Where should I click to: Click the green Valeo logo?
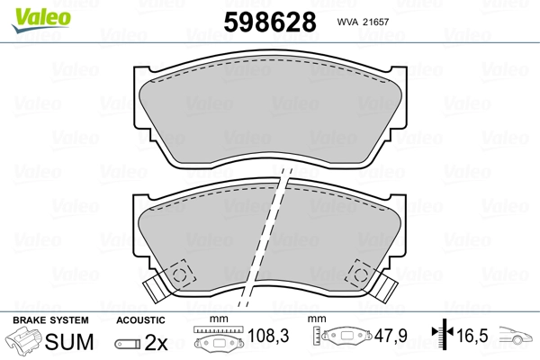(x=41, y=20)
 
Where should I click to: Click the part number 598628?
(x=270, y=22)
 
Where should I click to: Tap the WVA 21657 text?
(x=363, y=22)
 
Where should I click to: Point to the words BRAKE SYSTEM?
(x=50, y=320)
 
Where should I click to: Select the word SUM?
(x=69, y=342)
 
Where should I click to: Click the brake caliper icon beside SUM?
(x=23, y=341)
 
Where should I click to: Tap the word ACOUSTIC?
(x=140, y=320)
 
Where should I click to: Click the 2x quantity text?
(x=156, y=342)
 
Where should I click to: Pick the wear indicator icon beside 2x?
(x=128, y=344)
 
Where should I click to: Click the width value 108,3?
(x=268, y=336)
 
